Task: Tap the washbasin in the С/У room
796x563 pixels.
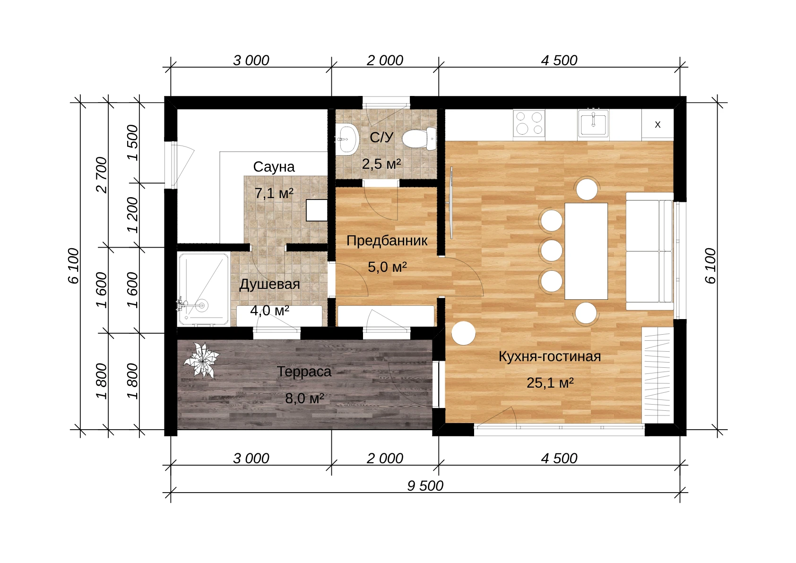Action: (x=346, y=139)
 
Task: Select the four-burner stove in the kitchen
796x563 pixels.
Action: (x=529, y=123)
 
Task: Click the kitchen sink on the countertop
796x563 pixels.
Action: (x=593, y=123)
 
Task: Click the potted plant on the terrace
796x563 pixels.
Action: (x=201, y=360)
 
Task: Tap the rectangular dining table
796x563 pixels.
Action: (x=586, y=251)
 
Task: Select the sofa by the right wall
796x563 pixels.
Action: (x=649, y=251)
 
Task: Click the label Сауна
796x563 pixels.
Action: (x=274, y=167)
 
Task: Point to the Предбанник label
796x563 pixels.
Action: (x=387, y=241)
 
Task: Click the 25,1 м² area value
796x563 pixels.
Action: (x=550, y=383)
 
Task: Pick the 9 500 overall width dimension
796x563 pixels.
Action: (x=425, y=486)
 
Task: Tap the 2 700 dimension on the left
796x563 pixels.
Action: (x=102, y=175)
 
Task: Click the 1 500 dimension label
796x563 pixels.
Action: (x=132, y=143)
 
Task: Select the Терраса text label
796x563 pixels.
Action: (x=304, y=372)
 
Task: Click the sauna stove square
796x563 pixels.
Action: (x=317, y=210)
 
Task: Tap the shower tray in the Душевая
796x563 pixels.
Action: (x=204, y=289)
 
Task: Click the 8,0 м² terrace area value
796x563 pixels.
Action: (x=304, y=398)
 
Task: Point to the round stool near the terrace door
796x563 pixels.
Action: (x=463, y=333)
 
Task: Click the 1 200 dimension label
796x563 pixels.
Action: (x=132, y=215)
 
